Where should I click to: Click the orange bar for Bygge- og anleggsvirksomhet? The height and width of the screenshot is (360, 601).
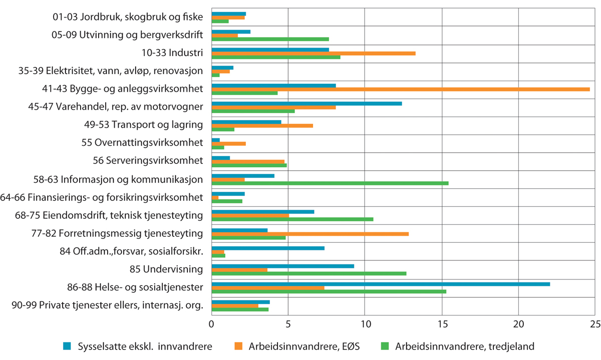401,89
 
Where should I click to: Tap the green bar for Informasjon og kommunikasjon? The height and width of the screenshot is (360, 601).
330,183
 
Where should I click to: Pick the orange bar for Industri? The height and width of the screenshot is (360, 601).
314,53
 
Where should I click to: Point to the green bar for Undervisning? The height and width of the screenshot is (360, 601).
309,273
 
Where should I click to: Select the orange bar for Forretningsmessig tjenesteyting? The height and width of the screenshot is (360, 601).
310,234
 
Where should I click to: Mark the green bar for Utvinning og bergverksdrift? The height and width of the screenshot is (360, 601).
270,39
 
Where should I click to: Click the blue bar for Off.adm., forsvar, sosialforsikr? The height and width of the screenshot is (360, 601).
268,248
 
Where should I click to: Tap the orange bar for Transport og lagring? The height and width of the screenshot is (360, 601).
262,125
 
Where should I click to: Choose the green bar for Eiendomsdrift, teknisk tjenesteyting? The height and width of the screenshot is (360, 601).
292,219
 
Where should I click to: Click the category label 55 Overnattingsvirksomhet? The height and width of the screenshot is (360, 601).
142,143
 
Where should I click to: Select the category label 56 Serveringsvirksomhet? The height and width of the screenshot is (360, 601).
148,161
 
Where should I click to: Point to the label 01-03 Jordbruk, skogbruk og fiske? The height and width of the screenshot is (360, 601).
128,18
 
